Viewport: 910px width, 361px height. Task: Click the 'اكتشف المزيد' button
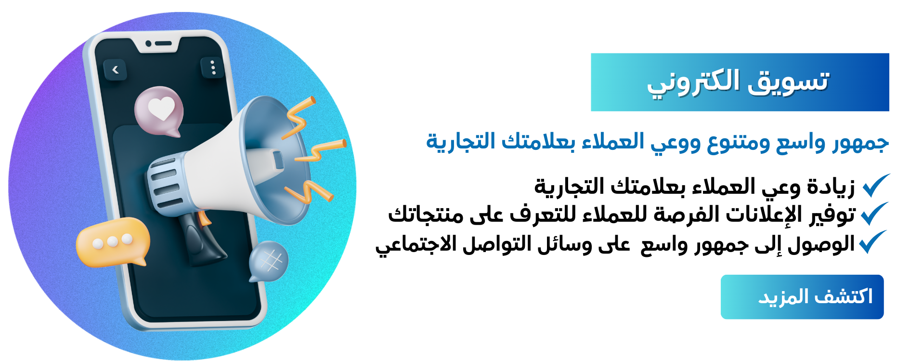coord(802,297)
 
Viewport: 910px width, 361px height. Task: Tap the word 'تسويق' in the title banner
coord(788,80)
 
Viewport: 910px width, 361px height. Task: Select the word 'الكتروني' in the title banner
coord(693,82)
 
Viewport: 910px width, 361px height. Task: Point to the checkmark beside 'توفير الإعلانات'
coord(874,214)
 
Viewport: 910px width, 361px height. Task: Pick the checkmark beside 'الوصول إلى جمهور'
coord(872,242)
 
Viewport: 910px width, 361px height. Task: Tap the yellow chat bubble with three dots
coord(113,242)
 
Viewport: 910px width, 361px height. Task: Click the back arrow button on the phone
coord(115,70)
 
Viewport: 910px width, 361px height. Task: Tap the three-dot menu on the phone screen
coord(213,67)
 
